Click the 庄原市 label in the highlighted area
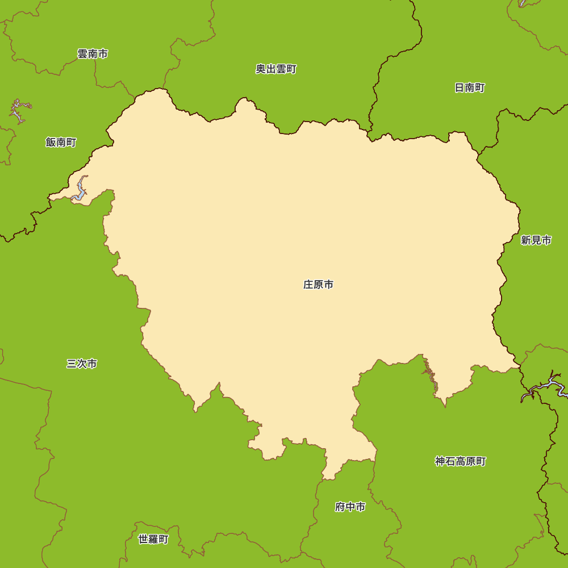[318, 285]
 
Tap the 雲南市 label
[93, 54]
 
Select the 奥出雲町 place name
[276, 69]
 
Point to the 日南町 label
[470, 88]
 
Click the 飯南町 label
[61, 143]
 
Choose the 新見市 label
[536, 240]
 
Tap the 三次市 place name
[82, 364]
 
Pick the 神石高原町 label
[461, 462]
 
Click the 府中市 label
[350, 507]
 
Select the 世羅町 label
[153, 540]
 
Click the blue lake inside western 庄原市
[80, 191]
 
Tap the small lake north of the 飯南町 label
[18, 111]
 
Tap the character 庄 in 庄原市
[308, 285]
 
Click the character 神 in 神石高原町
[440, 462]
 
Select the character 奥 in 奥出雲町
[261, 69]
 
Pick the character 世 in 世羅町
[143, 540]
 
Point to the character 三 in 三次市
[72, 364]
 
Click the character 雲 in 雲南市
[82, 54]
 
